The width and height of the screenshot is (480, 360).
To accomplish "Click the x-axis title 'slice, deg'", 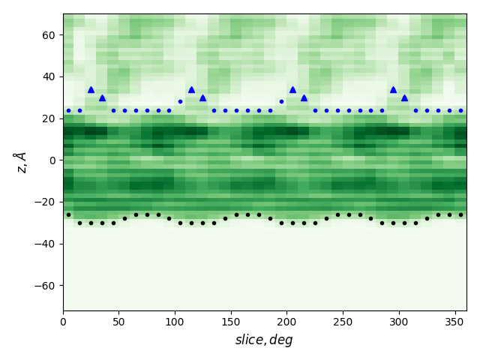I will point(264,340).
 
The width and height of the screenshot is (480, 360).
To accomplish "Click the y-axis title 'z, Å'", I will point(20,161).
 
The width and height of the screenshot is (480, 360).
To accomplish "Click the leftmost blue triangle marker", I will point(91,89).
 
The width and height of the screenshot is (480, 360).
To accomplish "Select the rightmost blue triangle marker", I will point(404,97).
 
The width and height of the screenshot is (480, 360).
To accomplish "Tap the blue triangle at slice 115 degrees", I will point(191,89).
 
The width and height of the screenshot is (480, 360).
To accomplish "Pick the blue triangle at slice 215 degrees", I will point(304,97).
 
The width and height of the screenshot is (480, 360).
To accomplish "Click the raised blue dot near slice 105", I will point(180,101).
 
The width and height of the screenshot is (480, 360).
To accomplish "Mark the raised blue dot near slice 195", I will point(281,101).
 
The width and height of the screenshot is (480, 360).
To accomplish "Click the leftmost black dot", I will point(68,214).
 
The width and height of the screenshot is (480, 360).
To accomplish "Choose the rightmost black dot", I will point(460,214).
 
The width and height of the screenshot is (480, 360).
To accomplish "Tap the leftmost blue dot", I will point(68,110).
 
